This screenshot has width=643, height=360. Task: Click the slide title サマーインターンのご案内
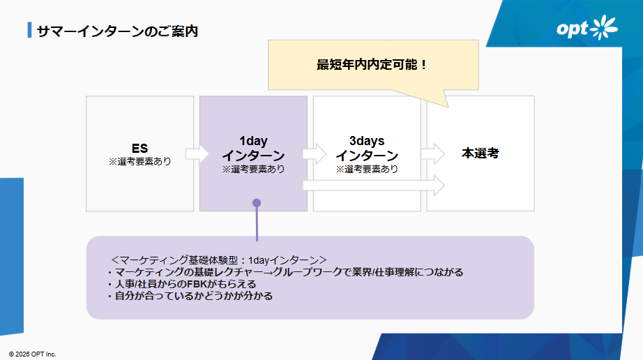click(117, 31)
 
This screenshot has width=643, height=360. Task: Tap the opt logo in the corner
click(587, 29)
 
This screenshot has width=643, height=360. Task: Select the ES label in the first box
click(139, 149)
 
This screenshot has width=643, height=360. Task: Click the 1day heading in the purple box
click(253, 141)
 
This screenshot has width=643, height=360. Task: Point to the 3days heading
click(366, 141)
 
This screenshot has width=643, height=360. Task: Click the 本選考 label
click(481, 153)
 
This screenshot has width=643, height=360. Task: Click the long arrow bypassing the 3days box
click(373, 186)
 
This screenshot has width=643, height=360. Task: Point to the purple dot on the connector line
click(257, 203)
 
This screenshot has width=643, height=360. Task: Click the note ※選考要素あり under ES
click(139, 161)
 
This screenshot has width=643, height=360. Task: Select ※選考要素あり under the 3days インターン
click(367, 169)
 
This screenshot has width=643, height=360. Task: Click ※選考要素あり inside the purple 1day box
click(253, 169)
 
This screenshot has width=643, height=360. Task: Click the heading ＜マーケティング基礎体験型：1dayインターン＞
click(219, 259)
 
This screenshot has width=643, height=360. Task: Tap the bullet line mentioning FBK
click(182, 284)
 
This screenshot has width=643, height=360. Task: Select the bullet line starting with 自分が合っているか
click(190, 296)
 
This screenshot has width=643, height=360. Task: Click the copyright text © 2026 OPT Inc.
click(33, 354)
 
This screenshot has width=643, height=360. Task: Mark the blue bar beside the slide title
click(29, 31)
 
